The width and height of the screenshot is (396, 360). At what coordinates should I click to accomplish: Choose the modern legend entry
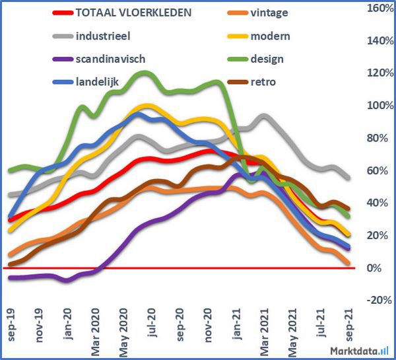pos(271,36)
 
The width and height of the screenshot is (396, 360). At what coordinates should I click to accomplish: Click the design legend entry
pos(267,59)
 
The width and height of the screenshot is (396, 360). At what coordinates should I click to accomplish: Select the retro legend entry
pos(264,82)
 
